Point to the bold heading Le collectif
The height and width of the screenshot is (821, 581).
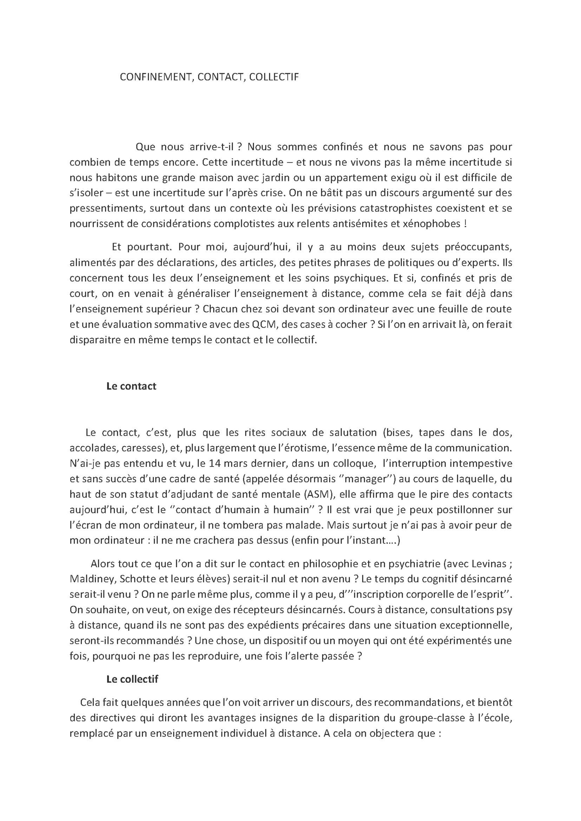132,679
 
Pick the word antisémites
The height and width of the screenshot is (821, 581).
360,224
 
